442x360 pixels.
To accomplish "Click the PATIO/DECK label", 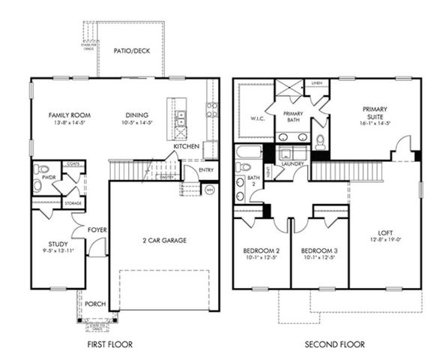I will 130,52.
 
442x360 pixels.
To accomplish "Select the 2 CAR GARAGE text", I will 163,241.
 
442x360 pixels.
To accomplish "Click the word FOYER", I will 97,230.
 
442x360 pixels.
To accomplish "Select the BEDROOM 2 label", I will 261,250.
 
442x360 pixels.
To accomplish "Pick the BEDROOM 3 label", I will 320,250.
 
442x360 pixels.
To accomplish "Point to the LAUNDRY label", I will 291,163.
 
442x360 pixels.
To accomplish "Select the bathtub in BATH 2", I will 248,155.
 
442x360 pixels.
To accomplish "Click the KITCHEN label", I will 187,146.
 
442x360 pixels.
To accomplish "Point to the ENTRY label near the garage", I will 208,170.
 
